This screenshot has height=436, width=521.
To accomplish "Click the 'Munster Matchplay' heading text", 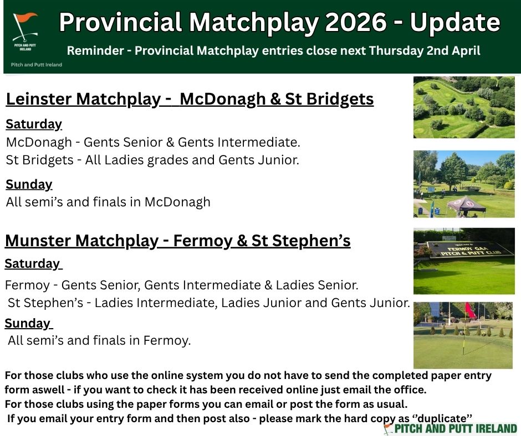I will (81, 241).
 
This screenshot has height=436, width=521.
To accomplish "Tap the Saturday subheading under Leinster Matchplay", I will (34, 124).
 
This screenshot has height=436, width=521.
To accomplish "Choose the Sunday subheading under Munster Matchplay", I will (28, 323).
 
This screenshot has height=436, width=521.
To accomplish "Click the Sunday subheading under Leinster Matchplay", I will (29, 184).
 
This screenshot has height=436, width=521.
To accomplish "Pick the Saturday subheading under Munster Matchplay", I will (33, 264).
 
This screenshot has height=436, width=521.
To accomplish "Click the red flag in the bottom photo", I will (470, 311).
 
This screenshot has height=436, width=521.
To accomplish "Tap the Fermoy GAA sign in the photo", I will (469, 250).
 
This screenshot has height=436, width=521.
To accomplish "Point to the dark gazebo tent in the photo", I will (466, 206).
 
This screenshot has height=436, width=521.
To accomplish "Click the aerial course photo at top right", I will (463, 107).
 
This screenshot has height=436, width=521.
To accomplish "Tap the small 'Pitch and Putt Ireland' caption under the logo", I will (37, 65).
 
